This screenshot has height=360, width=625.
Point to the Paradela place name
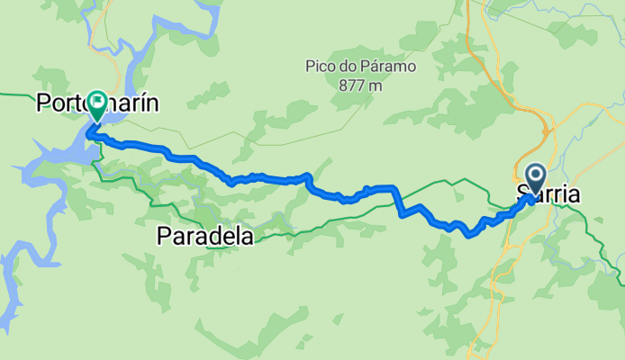(204, 236)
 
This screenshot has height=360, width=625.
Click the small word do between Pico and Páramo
(343, 67)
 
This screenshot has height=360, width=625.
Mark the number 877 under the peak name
(351, 85)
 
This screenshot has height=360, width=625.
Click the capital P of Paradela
(163, 236)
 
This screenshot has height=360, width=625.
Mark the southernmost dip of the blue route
(470, 236)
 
